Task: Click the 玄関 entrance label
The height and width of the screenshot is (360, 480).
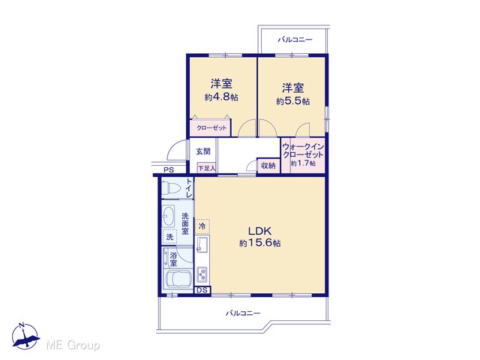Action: [x=203, y=151]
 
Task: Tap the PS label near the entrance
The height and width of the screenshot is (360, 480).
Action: [x=168, y=170]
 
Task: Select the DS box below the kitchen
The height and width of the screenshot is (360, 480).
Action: [x=202, y=290]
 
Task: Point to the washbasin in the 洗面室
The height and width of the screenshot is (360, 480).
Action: [x=168, y=216]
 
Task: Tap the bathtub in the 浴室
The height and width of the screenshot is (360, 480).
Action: [x=178, y=278]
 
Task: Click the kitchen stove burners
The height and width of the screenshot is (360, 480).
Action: [x=202, y=274]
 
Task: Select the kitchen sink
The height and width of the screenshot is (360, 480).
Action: [x=202, y=244]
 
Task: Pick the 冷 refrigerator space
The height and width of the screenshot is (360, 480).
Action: [x=202, y=226]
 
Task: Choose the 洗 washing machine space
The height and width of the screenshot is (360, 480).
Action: [x=169, y=237]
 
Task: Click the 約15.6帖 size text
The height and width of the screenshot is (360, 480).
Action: [x=260, y=243]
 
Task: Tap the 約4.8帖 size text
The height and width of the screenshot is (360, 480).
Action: [x=221, y=97]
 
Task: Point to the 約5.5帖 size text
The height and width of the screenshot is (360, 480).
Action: [x=292, y=101]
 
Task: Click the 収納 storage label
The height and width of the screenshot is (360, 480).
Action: [x=268, y=166]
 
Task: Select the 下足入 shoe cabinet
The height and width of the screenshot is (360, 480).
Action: [x=207, y=168]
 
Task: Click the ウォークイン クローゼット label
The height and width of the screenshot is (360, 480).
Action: [x=303, y=150]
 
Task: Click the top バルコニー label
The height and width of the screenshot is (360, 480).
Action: [x=295, y=40]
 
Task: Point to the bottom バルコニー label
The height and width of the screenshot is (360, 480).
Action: [x=243, y=313]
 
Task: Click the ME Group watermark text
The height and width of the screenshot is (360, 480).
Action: [x=73, y=345]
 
